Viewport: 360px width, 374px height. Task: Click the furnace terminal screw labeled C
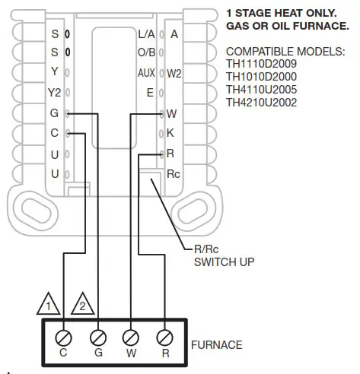coord(64,335)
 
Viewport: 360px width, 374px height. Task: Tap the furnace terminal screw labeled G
coord(97,335)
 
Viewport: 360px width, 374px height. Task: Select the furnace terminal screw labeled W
coord(131,335)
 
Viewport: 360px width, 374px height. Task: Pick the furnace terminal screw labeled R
coord(164,335)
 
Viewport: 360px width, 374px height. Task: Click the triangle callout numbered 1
coord(49,306)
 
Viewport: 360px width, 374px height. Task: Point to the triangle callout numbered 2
coord(83,306)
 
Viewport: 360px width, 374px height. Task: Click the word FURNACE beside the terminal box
coord(217,345)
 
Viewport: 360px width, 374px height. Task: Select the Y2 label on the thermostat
coord(54,93)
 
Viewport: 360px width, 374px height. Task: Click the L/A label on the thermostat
coord(146,34)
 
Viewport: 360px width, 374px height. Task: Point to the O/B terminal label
coord(146,53)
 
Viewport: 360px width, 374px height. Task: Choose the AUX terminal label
coord(146,73)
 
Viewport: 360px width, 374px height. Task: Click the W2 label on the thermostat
coord(174,74)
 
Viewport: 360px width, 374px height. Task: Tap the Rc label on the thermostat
coord(174,173)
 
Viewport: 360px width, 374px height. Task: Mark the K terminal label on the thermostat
coord(171,133)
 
